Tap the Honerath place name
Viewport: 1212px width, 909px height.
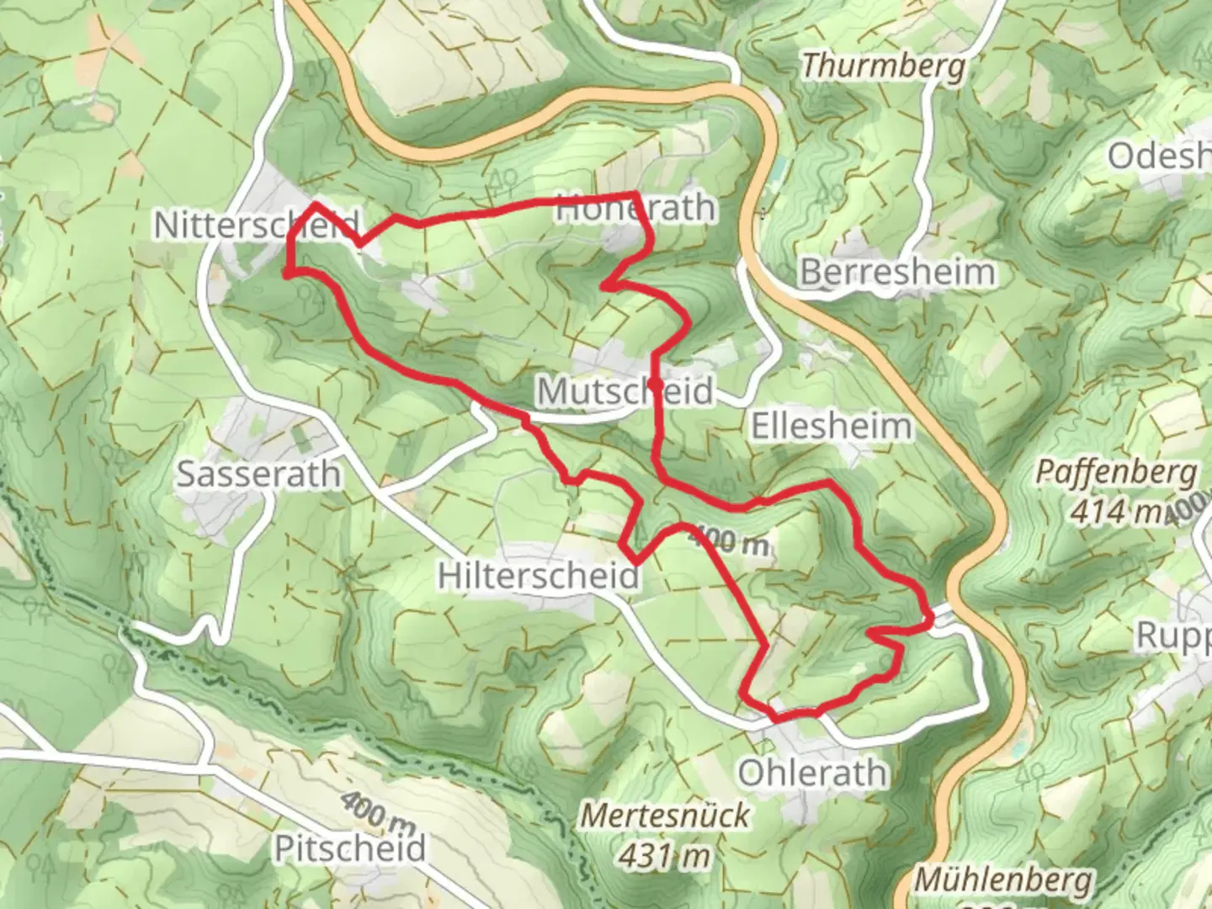point(635,208)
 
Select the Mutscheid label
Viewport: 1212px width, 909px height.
point(625,391)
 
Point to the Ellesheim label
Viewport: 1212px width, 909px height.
point(831,426)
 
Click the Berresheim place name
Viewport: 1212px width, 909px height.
point(897,272)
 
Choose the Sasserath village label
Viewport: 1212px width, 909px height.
point(258,474)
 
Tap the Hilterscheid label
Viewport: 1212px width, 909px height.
point(539,576)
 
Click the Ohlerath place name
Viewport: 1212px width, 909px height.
point(812,773)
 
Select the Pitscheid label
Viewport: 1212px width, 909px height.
point(350,848)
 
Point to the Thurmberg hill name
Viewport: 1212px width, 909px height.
point(883,66)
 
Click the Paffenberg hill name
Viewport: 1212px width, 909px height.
point(1115,471)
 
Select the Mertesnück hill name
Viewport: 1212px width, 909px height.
point(666,815)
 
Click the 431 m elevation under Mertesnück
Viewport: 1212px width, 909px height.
point(665,856)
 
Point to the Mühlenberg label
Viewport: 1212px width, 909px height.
point(1003,880)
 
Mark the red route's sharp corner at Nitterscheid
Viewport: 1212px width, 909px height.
point(316,204)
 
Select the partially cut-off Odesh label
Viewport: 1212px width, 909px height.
point(1158,157)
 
